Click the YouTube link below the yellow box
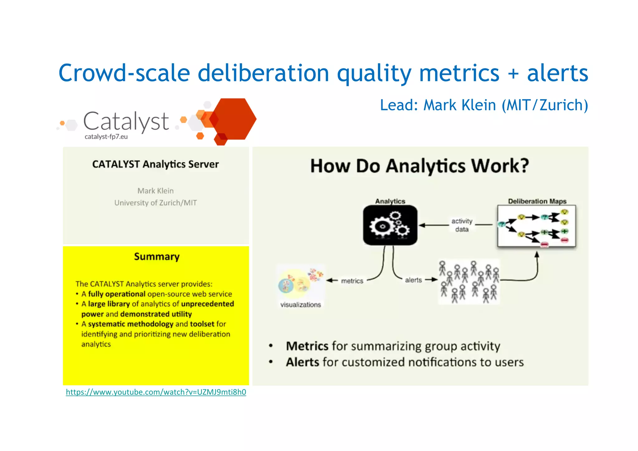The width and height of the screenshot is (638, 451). [156, 392]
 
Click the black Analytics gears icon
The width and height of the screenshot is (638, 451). [390, 225]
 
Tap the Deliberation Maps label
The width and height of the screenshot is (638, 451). [537, 201]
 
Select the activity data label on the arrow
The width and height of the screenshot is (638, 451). [462, 225]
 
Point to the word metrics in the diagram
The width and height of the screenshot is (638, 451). [352, 281]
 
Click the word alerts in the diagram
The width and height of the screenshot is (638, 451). [413, 280]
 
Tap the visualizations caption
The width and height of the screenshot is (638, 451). [300, 305]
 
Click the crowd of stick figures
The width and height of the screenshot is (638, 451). [469, 282]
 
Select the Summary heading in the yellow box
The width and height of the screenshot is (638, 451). [157, 257]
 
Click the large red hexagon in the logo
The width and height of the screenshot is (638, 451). [234, 118]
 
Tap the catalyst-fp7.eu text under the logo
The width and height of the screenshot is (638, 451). [106, 137]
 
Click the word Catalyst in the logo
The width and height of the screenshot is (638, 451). [126, 122]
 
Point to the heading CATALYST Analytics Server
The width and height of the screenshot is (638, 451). [155, 164]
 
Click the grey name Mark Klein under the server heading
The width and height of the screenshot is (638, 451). [155, 191]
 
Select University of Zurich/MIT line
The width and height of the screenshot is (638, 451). [155, 203]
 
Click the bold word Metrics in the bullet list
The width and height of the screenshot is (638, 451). [307, 346]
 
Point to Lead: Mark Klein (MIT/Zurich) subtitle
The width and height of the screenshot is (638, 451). [484, 105]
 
